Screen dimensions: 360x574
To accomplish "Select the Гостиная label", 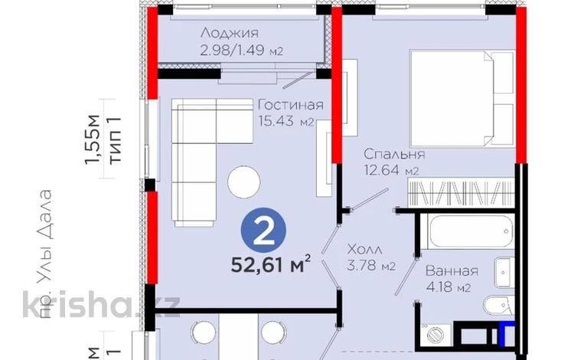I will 290,105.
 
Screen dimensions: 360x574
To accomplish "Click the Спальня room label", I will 394,154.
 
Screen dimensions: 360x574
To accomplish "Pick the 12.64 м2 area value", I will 390,172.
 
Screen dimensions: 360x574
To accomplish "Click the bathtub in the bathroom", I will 468,234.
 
